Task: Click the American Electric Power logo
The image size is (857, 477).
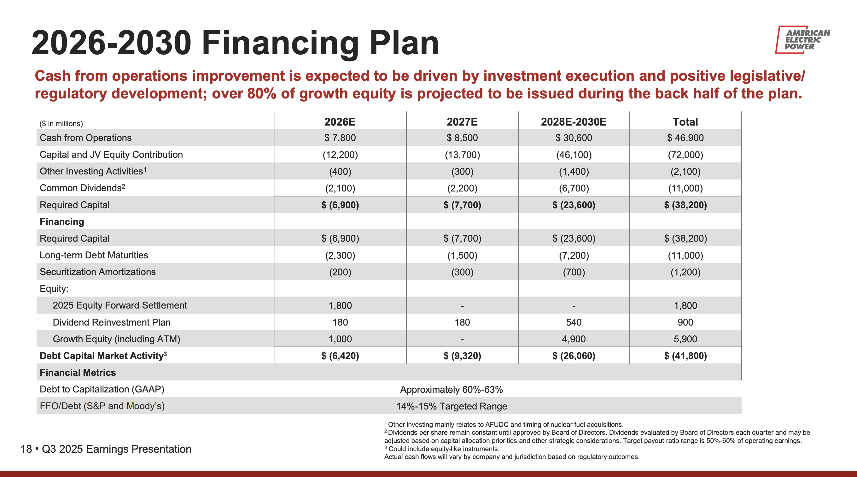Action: tap(802, 40)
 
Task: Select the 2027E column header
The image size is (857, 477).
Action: tap(462, 122)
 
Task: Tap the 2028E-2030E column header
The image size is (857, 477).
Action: tap(574, 122)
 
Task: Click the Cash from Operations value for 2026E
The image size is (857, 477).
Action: tap(340, 138)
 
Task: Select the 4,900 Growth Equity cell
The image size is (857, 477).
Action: tap(574, 339)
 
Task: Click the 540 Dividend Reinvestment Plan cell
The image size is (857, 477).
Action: tap(574, 322)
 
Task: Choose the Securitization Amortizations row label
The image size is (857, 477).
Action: tap(97, 272)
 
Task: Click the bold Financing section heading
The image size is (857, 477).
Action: tap(62, 222)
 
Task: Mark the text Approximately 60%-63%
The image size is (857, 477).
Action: tap(452, 390)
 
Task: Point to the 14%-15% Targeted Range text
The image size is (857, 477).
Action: tap(452, 406)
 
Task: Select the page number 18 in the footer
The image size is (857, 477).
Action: tap(26, 449)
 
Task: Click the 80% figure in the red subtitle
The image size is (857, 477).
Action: tap(261, 93)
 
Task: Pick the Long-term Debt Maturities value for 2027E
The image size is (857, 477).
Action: tap(462, 255)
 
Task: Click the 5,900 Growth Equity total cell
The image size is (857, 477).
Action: tap(685, 339)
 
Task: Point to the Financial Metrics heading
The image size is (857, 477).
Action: tap(78, 373)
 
